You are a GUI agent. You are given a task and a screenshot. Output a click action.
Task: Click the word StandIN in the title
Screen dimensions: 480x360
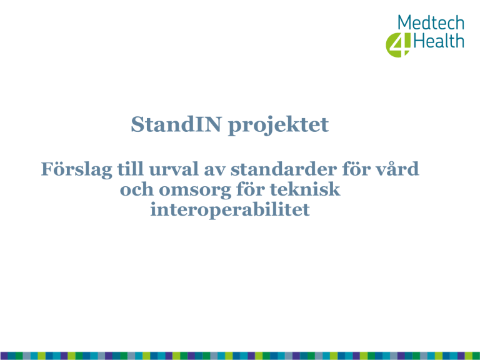[x=176, y=124]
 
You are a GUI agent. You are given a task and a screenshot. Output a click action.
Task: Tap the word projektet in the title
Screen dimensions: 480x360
[x=278, y=126]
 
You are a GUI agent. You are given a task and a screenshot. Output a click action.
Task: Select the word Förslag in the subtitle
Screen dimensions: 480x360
[x=76, y=169]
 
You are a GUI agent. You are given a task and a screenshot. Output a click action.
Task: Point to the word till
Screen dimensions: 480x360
[x=131, y=169]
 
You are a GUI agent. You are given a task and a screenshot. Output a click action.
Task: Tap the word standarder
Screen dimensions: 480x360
[x=284, y=169]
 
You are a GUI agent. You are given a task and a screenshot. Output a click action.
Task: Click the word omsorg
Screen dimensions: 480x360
[x=195, y=191]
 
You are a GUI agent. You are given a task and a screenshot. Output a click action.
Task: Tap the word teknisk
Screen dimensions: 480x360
[x=305, y=189]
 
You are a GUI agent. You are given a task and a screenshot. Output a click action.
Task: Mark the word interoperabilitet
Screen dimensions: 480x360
[x=230, y=210]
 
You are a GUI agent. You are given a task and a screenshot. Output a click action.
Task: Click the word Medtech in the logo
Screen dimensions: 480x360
[x=431, y=22]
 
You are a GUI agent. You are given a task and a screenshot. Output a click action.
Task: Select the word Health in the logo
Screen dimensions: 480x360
[x=439, y=41]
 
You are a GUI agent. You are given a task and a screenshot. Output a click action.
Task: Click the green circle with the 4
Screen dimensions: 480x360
[x=397, y=45]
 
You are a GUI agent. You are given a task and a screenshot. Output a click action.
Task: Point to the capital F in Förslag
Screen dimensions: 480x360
[x=47, y=169]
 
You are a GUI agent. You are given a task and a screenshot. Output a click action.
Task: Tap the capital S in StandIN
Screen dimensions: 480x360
[x=137, y=124]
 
